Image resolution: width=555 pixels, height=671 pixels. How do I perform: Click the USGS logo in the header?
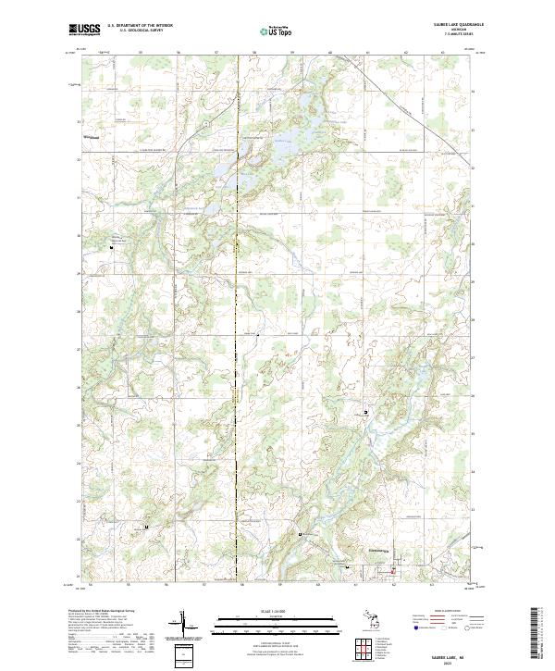click(x=84, y=30)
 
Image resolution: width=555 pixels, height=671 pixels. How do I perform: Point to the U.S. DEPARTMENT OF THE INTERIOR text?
click(x=140, y=25)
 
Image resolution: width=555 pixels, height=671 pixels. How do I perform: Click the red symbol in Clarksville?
click(x=392, y=570)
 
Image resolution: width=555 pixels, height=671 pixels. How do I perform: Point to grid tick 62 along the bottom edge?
click(x=393, y=584)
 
